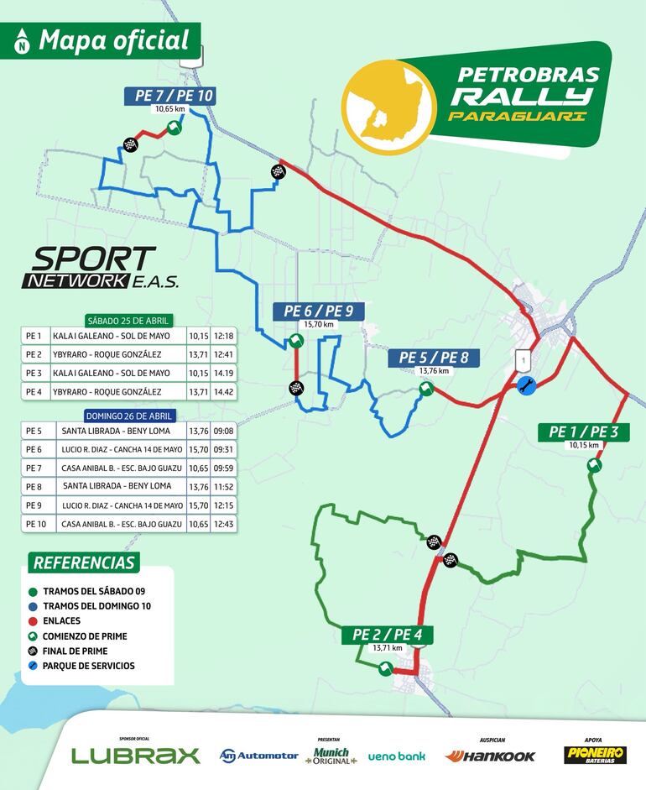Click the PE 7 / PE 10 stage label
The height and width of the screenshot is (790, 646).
point(175,96)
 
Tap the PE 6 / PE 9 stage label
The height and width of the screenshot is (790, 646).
point(318,311)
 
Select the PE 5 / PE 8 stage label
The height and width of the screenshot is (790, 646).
point(434,358)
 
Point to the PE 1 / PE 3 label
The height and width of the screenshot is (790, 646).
point(583,432)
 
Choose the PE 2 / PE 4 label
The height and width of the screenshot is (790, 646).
point(387,635)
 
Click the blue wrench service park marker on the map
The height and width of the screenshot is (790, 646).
point(526,385)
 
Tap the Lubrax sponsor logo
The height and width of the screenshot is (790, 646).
point(136,755)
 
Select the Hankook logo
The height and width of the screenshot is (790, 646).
point(490,756)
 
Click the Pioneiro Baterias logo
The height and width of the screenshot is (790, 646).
point(594,755)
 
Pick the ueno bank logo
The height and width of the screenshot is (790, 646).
point(396,756)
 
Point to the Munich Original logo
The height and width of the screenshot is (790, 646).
point(331,756)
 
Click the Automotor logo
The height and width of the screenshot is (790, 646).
point(258,756)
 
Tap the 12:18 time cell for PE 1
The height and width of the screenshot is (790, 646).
point(223,336)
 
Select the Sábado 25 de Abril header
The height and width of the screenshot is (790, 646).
point(129,321)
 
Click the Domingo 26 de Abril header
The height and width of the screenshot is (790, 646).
point(128,416)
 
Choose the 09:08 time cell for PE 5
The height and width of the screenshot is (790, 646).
point(223,431)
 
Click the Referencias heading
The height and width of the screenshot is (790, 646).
point(83,562)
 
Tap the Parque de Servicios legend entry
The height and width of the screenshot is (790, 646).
point(88,666)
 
